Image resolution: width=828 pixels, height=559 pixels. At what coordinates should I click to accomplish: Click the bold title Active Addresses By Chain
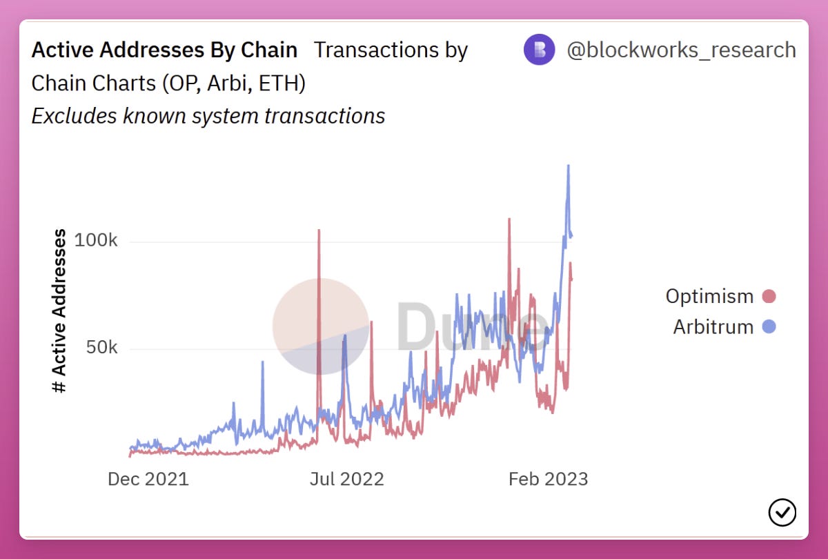pos(164,50)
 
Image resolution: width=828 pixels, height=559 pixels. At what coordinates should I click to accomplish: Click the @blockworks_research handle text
pos(681,50)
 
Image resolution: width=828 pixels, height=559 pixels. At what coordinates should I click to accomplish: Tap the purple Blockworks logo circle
pos(539,50)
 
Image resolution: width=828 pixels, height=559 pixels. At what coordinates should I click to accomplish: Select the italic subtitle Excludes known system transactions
pos(208,116)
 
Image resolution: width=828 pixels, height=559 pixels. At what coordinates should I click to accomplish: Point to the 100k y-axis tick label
pos(96,242)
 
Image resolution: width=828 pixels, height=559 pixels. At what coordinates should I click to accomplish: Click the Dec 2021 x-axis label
pos(148,479)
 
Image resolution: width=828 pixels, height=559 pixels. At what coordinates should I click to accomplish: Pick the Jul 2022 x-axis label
pos(346,479)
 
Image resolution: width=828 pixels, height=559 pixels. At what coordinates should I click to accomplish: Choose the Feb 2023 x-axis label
pos(548,479)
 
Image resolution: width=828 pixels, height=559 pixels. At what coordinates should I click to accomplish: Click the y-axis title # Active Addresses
pos(60,311)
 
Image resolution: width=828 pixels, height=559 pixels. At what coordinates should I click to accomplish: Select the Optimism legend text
pos(709,297)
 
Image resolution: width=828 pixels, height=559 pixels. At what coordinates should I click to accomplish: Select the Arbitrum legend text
pos(713,326)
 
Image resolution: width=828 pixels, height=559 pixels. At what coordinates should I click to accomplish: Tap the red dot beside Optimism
pos(769,297)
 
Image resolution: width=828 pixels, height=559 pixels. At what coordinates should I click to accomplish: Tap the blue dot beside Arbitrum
pos(769,326)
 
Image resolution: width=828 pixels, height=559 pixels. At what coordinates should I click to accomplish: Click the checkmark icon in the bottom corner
pos(782,512)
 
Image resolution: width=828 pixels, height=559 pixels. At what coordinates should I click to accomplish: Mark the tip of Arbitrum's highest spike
pos(569,166)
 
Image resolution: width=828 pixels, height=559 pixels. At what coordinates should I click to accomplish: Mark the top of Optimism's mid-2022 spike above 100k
pos(319,231)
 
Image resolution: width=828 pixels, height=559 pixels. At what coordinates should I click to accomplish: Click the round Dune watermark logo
pos(321,326)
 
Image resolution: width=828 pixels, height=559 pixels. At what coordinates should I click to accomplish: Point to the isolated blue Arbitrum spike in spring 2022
pos(262,362)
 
